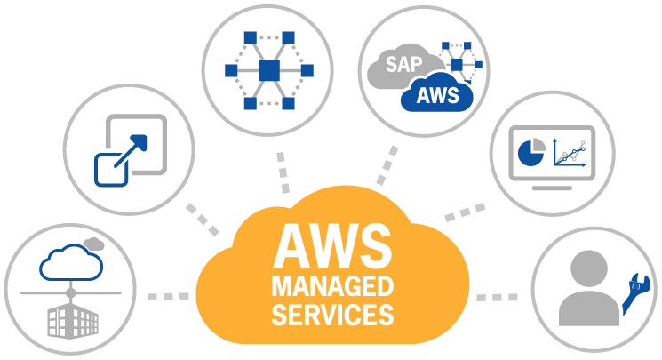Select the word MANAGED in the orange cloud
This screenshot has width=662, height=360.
[x=331, y=287]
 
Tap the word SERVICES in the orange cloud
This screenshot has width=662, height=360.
[x=331, y=314]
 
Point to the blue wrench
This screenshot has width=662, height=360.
[x=638, y=294]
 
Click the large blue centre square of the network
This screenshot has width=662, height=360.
[x=269, y=69]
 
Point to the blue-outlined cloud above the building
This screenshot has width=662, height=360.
[x=71, y=262]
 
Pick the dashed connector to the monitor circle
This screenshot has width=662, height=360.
[x=465, y=212]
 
